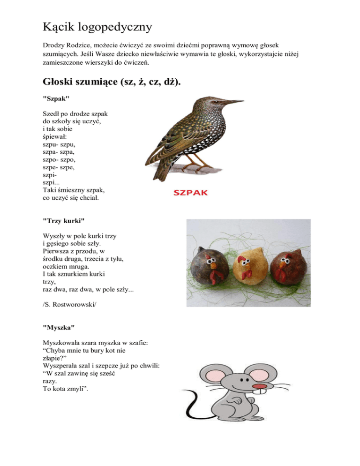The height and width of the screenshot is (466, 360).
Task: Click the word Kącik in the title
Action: click(57, 27)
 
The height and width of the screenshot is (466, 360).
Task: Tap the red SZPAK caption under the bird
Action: click(190, 193)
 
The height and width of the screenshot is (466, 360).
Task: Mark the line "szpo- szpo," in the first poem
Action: click(58, 160)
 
